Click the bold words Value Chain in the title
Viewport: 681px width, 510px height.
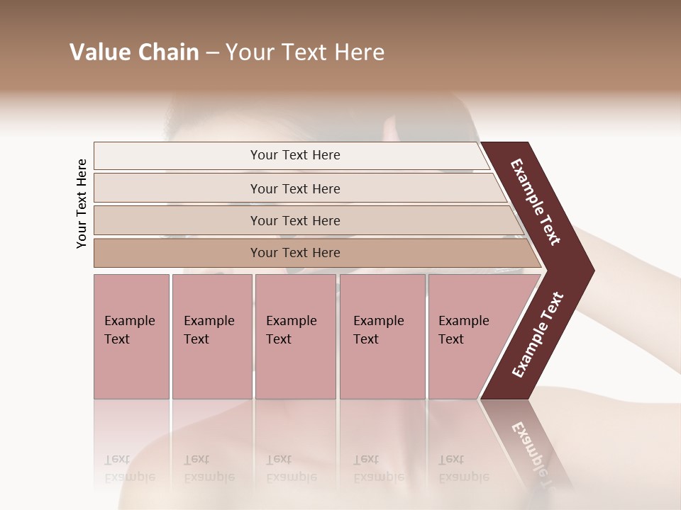click(134, 52)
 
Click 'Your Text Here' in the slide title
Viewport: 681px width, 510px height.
click(305, 52)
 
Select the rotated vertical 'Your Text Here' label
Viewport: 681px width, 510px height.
click(82, 203)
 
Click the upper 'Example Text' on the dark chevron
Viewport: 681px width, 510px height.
click(536, 202)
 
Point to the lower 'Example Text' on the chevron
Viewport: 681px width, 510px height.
click(537, 335)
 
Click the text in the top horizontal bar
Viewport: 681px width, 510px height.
click(295, 155)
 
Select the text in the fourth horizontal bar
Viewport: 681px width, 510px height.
click(295, 253)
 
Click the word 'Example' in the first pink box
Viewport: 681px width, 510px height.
click(129, 321)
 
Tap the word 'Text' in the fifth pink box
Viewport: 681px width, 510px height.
click(450, 339)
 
